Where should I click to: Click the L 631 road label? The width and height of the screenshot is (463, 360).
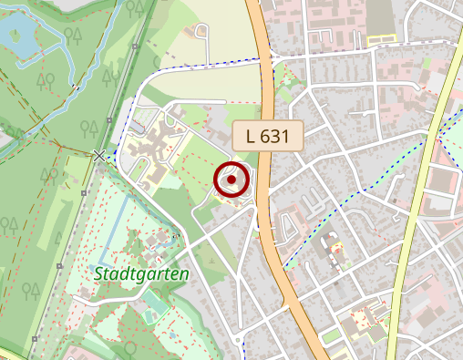point(266,137)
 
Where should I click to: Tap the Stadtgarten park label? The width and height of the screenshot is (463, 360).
point(140,273)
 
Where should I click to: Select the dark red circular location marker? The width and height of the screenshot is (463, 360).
point(232,180)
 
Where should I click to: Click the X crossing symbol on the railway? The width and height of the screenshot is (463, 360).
point(99,156)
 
